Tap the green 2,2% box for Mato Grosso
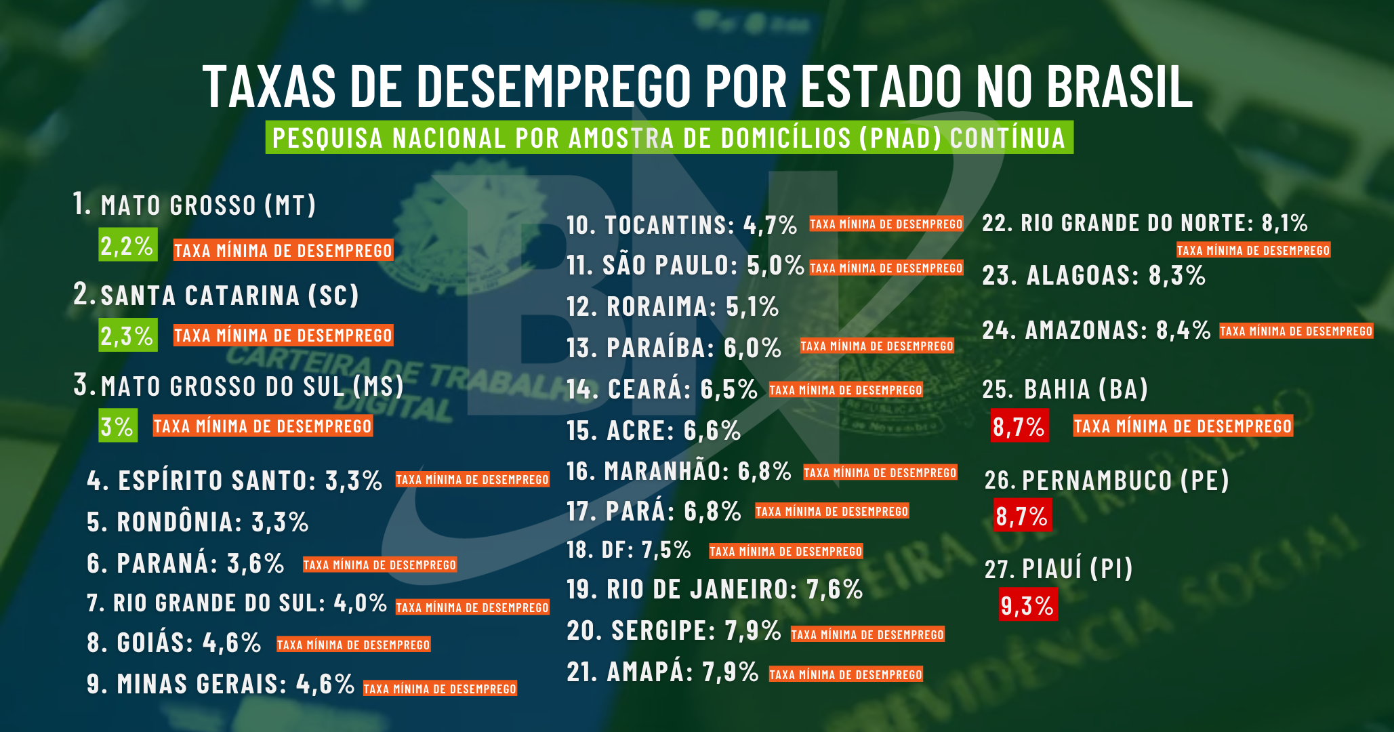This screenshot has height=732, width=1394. pos(127,245)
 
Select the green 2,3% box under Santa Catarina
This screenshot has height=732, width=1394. pos(127,335)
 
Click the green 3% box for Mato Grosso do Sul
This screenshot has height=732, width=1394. pos(117,426)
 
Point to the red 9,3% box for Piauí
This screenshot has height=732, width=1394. pos(1027,605)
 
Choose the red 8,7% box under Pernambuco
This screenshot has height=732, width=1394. pos(1022,516)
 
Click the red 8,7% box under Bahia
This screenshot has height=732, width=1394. pos(1019,426)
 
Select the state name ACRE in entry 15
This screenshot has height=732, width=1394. pos(640,431)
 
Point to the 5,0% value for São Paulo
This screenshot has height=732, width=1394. pos(775,265)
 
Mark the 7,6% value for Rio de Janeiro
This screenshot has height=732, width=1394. pos(834,590)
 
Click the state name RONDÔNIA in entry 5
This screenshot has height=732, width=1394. pos(180,523)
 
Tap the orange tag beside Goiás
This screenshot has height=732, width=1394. pos(353,645)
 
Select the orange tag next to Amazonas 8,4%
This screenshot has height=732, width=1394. pos(1296,331)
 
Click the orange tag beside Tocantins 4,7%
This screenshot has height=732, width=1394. pos(886,224)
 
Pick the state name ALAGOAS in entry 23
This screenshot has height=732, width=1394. pos(1082,276)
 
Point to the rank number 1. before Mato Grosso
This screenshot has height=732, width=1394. pos(82,203)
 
